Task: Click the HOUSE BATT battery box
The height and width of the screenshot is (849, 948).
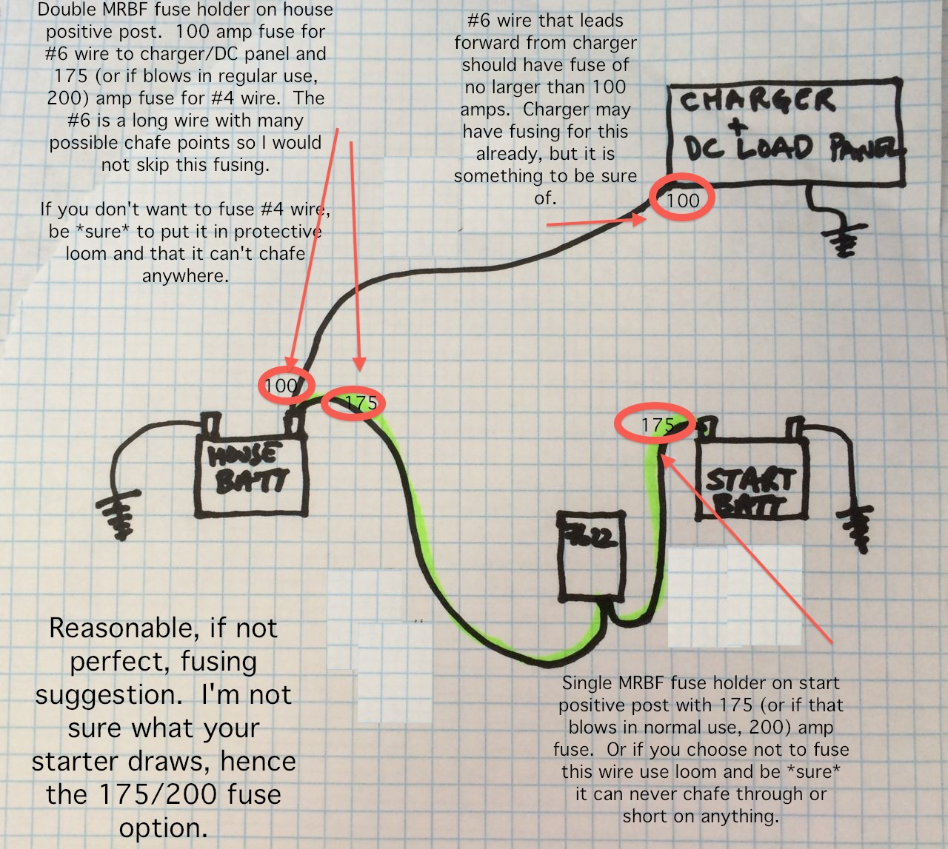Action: click(x=250, y=474)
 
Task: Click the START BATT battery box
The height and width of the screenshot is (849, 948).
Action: click(x=750, y=481)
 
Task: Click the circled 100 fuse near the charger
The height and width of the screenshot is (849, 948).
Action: click(x=682, y=200)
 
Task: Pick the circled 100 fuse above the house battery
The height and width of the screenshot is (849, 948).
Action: click(x=286, y=385)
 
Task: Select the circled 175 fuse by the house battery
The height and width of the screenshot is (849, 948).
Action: click(x=359, y=403)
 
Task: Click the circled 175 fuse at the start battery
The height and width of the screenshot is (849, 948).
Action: click(x=655, y=425)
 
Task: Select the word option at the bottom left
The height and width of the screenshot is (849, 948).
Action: click(x=163, y=828)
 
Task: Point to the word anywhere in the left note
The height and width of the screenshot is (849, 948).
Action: click(x=185, y=276)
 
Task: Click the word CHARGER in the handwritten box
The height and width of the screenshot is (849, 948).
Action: click(x=757, y=100)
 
